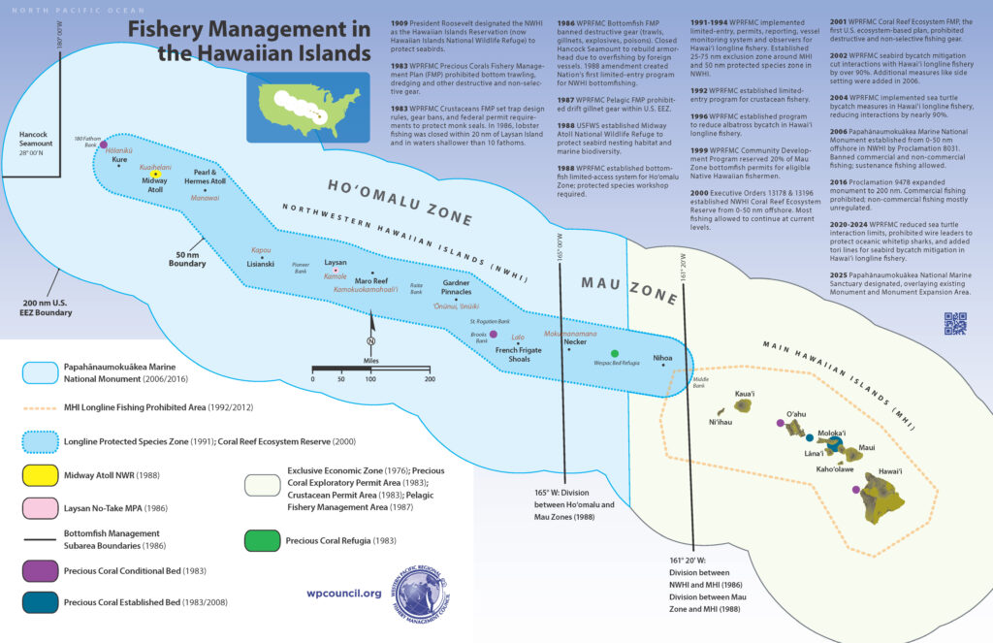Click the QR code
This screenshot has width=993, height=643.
pyautogui.click(x=955, y=323)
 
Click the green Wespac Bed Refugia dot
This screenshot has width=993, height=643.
pyautogui.click(x=614, y=354)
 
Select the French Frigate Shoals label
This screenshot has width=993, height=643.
pyautogui.click(x=520, y=353)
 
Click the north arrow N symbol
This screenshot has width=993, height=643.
pyautogui.click(x=371, y=340)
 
